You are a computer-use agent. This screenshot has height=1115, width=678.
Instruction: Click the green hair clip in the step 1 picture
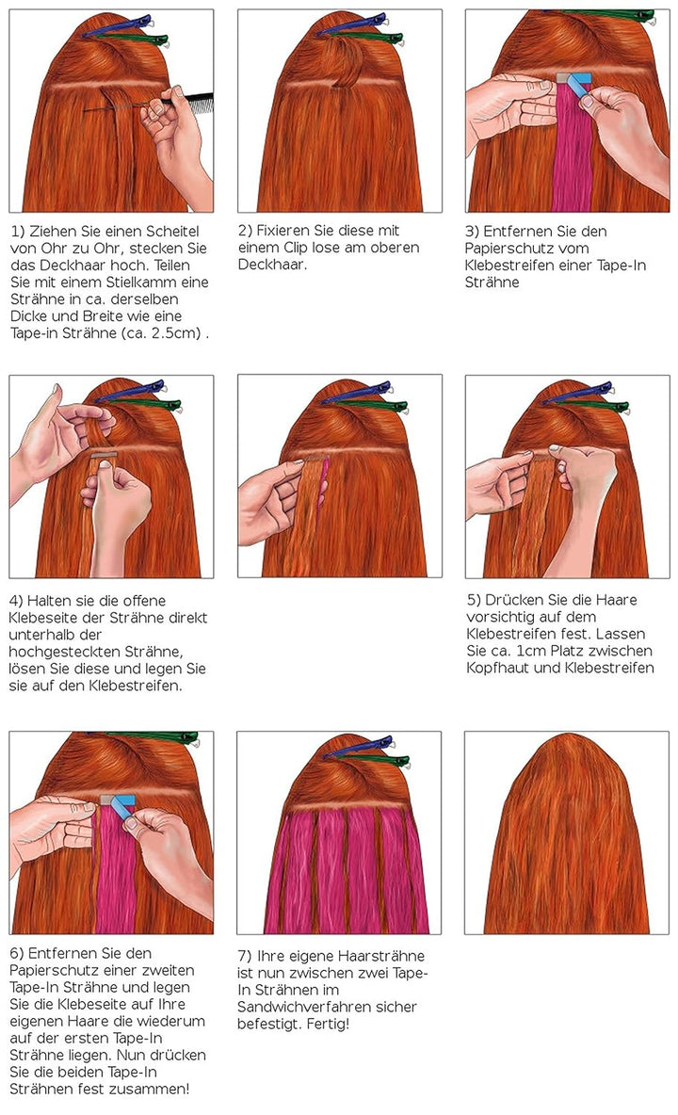click(x=141, y=40)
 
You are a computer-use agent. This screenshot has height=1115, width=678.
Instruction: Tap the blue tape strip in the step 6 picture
click(x=120, y=807)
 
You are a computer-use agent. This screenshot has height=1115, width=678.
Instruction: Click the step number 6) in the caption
click(x=20, y=953)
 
